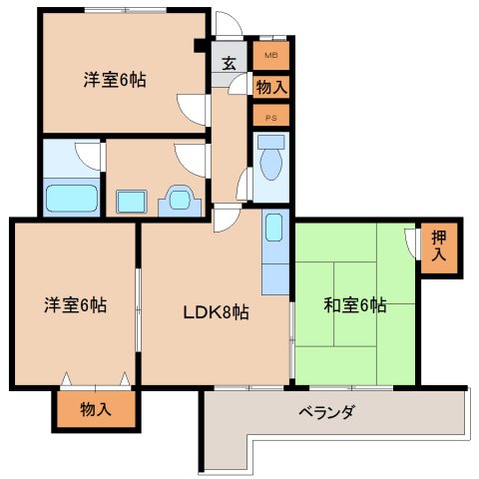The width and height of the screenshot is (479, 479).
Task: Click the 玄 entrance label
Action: pos(229,63)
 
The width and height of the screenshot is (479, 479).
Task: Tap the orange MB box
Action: pos(270,54)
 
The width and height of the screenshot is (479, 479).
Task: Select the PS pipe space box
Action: pos(270,116)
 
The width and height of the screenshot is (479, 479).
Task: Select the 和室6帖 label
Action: pos(354,306)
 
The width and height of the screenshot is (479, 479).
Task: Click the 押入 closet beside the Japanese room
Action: pos(439,246)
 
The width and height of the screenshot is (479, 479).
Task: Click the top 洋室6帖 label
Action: pos(115,81)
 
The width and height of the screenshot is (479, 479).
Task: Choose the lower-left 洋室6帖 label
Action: pos(75,305)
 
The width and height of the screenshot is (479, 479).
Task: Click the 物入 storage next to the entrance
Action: pos(270,87)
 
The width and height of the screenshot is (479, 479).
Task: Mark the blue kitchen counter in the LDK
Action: pos(275,251)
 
